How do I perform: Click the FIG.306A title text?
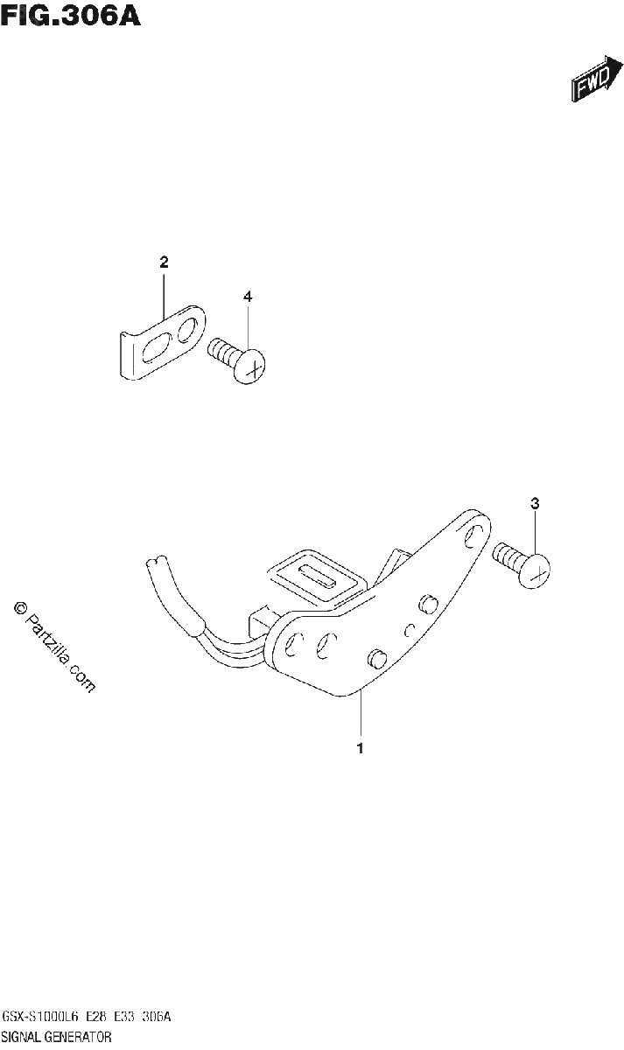(70, 16)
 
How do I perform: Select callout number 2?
(164, 262)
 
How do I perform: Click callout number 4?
(248, 297)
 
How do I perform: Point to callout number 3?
(535, 503)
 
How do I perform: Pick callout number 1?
(360, 749)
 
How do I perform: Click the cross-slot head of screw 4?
(251, 366)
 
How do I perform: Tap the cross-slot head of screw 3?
(535, 570)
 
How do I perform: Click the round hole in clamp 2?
(186, 329)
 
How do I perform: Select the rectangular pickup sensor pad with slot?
(317, 574)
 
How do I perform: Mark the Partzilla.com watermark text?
(55, 647)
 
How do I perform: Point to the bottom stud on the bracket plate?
(376, 657)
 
